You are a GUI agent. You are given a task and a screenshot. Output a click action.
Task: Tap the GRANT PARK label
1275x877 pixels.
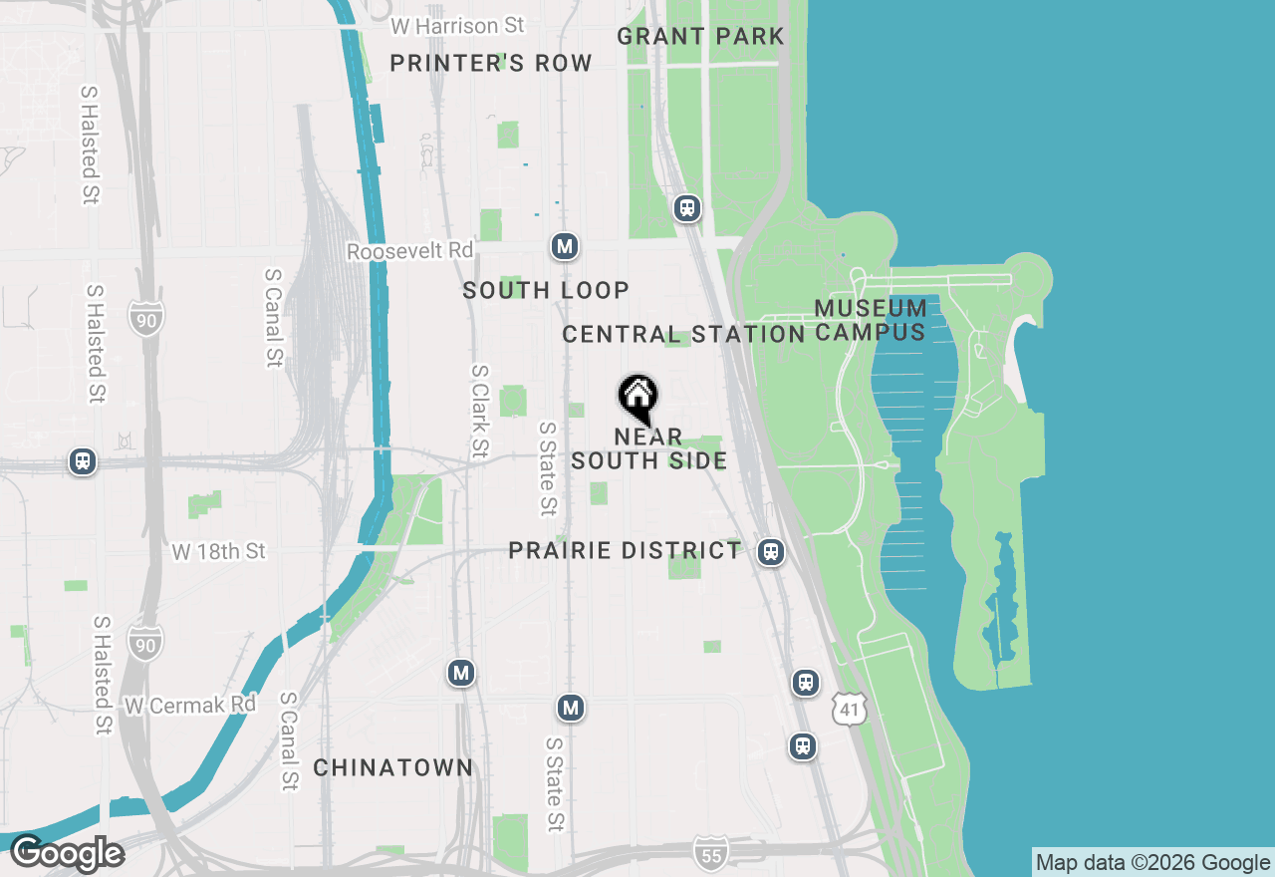[700, 37]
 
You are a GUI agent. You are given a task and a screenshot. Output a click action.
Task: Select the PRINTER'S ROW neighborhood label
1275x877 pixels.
[491, 64]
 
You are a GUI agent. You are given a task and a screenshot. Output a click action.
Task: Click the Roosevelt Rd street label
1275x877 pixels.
[409, 250]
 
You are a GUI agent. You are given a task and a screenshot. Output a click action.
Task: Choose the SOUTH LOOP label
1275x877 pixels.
[546, 290]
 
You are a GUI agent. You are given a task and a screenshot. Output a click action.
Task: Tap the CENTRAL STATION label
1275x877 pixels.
[683, 334]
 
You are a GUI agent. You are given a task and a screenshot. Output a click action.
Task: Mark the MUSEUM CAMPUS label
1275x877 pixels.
[871, 320]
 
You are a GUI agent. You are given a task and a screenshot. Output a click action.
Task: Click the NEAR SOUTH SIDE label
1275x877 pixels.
[648, 448]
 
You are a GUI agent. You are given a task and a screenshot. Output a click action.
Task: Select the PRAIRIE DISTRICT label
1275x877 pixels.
[625, 551]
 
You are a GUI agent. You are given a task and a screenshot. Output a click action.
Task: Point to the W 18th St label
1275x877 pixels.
[218, 551]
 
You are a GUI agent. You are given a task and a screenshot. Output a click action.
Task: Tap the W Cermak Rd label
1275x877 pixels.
[190, 705]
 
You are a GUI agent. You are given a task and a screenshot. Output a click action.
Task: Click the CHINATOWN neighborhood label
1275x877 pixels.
[393, 767]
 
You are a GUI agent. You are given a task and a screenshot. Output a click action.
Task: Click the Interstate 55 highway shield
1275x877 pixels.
[711, 853]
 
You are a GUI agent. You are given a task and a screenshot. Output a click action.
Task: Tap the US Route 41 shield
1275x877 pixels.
[850, 710]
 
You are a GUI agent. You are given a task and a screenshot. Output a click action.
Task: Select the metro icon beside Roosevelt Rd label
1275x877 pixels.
[565, 246]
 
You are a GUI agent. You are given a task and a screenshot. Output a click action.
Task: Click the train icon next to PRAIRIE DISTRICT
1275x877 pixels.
[770, 552]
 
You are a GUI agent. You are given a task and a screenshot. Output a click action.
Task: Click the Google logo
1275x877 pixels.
[67, 854]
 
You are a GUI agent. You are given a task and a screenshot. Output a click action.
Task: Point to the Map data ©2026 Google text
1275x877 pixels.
[1152, 863]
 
